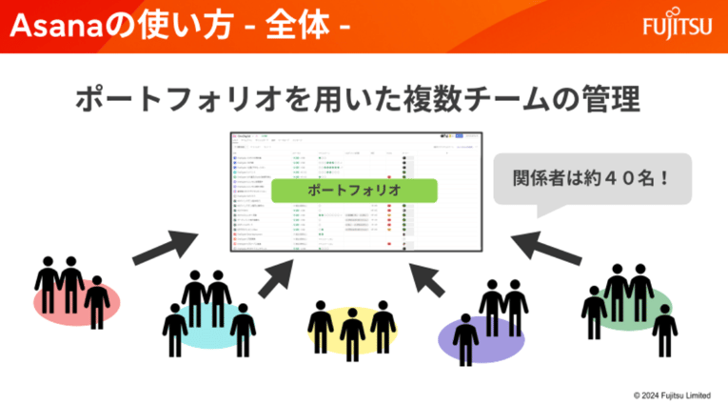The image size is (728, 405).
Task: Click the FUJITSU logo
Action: pyautogui.click(x=676, y=26)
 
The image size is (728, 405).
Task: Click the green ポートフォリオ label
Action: pyautogui.click(x=354, y=190)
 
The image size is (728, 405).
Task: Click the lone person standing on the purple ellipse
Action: pyautogui.click(x=465, y=339)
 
